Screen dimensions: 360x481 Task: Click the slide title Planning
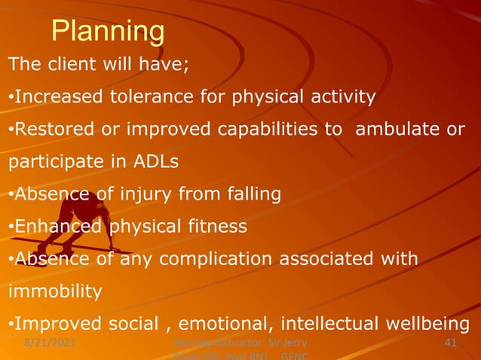(x=108, y=31)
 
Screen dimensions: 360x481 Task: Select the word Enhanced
(x=59, y=227)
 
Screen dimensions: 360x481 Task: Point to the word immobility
(x=54, y=291)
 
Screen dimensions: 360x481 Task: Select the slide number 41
(x=451, y=343)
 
